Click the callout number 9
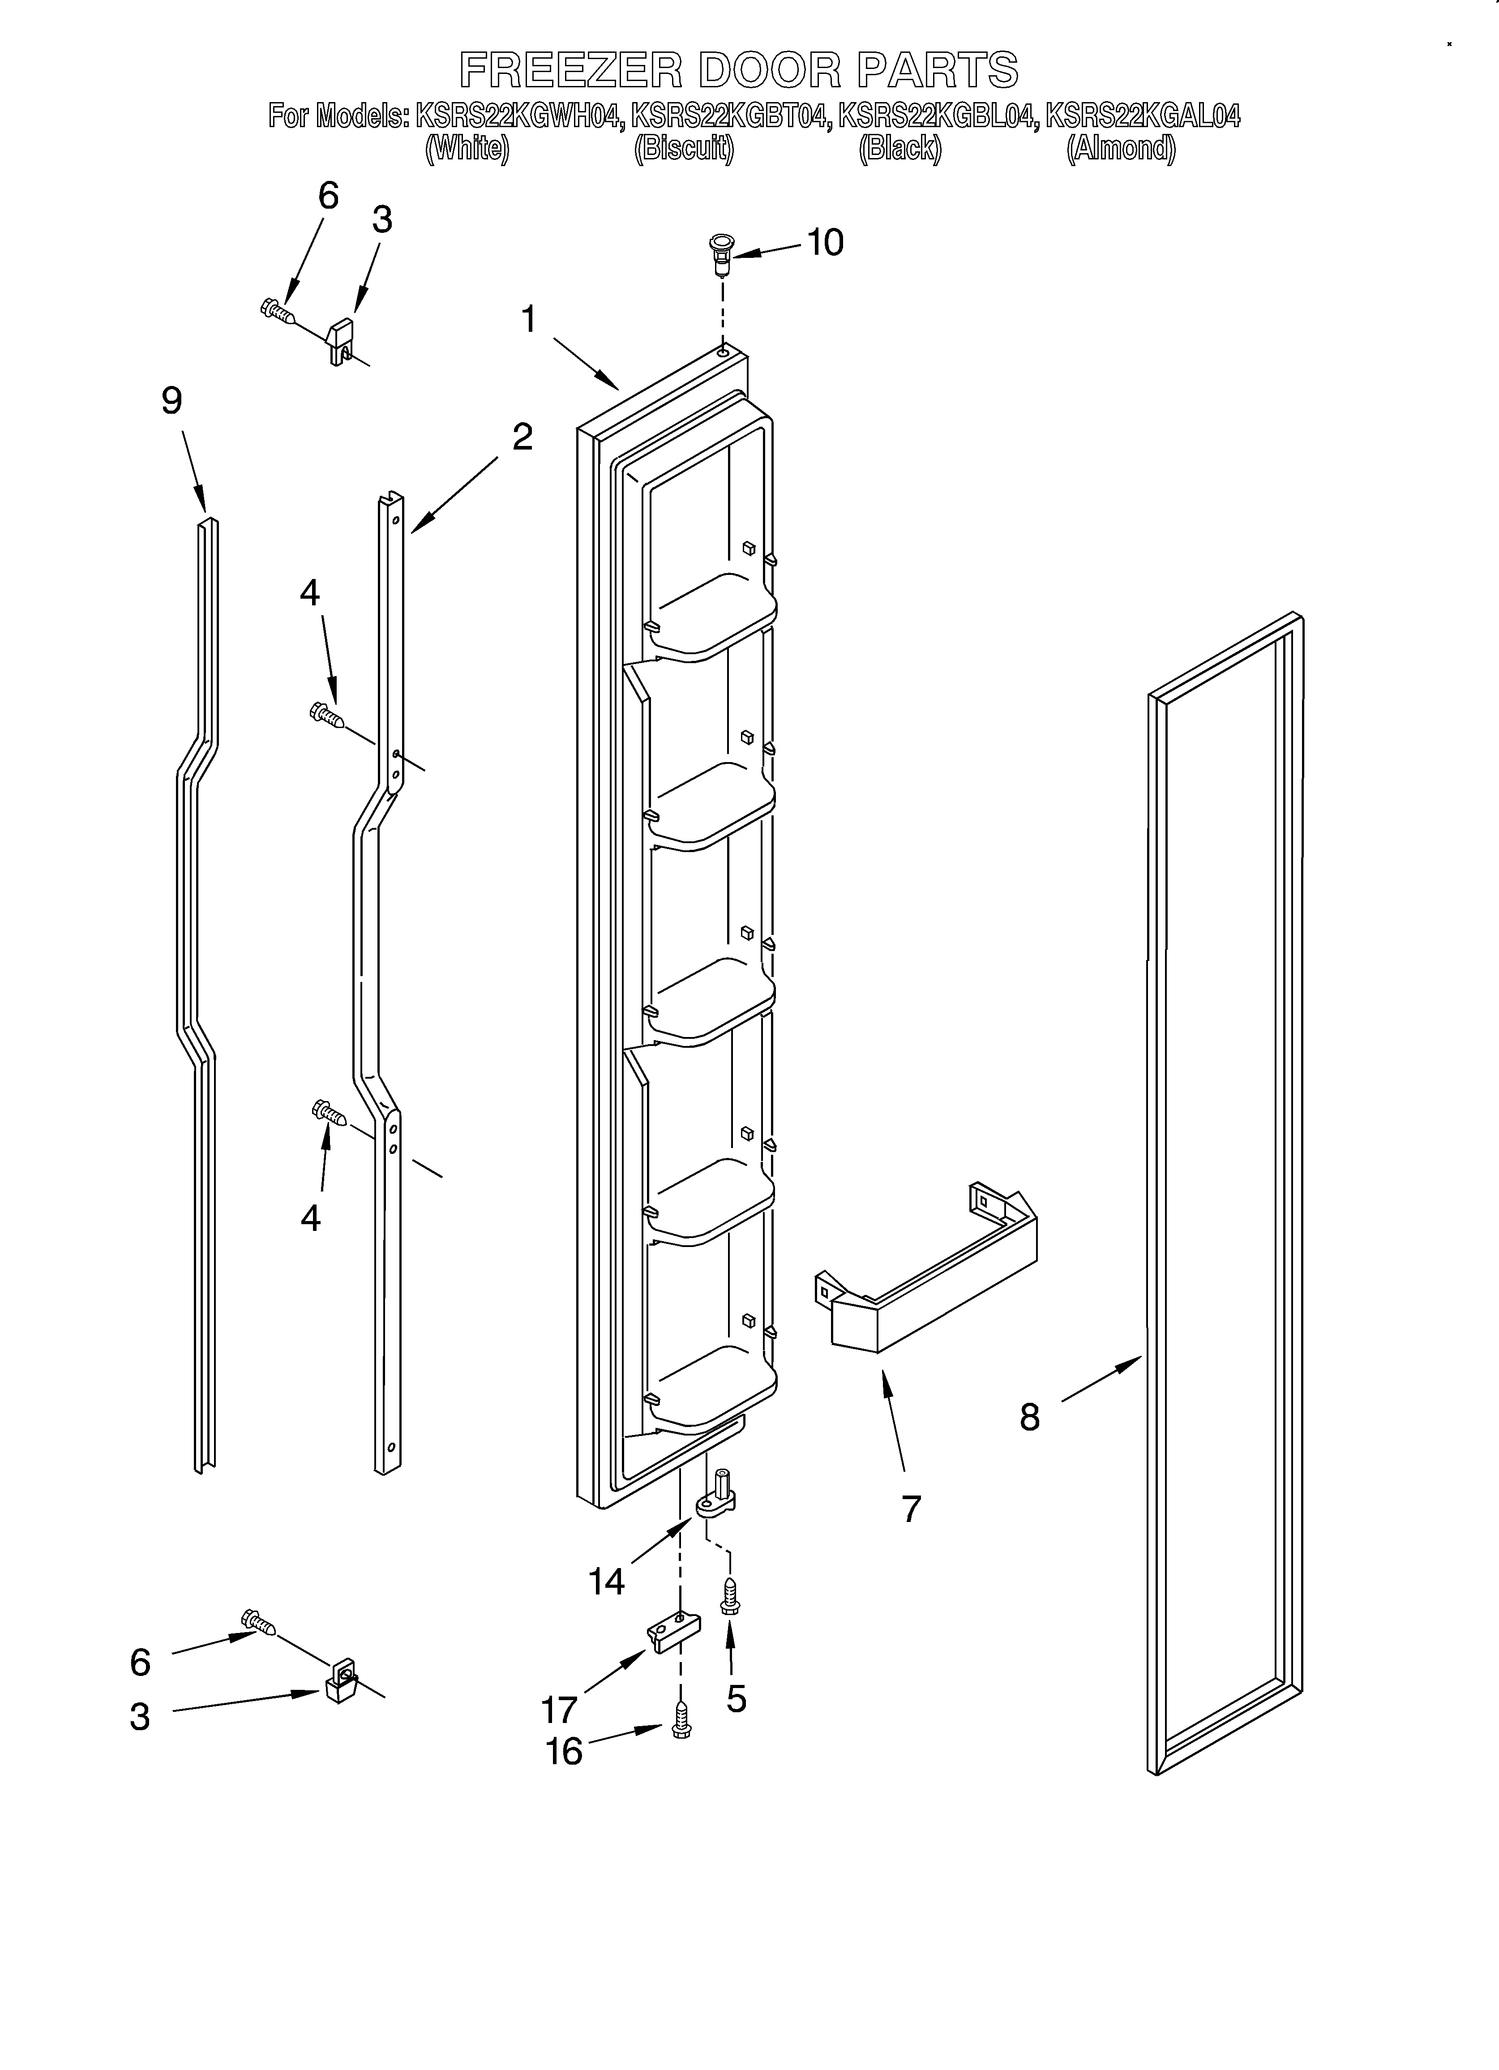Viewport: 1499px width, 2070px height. (x=171, y=401)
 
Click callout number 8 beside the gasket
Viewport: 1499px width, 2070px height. (x=1029, y=1418)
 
